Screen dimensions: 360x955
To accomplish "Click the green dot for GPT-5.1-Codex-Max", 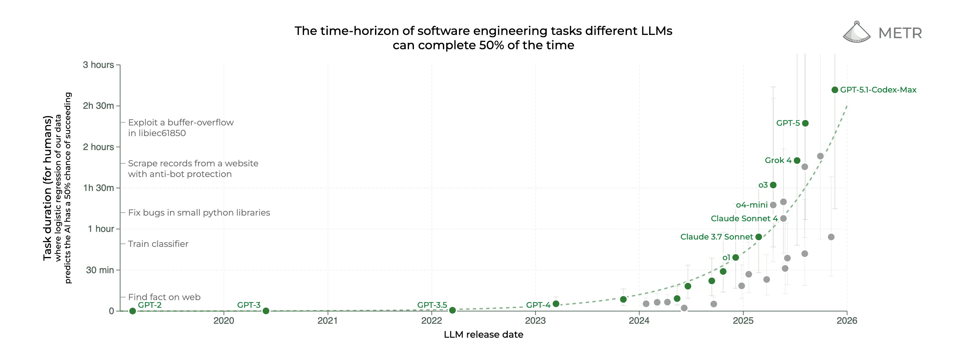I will coord(835,90).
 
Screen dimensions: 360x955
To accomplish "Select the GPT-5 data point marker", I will coord(805,123).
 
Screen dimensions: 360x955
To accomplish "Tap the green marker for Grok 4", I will coord(797,160).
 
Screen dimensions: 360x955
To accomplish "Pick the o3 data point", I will coord(773,185).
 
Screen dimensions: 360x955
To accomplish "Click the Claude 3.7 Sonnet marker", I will coord(759,237).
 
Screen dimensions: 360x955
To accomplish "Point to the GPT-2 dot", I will coord(132,311).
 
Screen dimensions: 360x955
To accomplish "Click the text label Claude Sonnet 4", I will coord(744,219).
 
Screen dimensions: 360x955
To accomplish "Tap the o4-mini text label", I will coord(751,205).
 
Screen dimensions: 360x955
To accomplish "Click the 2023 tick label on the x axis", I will coord(535,321).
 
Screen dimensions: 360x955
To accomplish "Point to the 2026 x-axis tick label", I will coord(847,321).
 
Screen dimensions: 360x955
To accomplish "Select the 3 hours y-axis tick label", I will coord(98,65).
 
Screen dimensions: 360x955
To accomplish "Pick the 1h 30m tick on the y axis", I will coord(98,188).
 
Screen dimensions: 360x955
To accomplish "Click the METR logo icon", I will coord(857,32).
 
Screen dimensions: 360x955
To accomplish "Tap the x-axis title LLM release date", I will coord(483,335).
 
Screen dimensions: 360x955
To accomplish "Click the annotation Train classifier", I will coord(158,244).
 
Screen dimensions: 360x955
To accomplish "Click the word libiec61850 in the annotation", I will coord(156,133).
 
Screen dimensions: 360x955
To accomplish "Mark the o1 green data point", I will coord(735,258).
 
